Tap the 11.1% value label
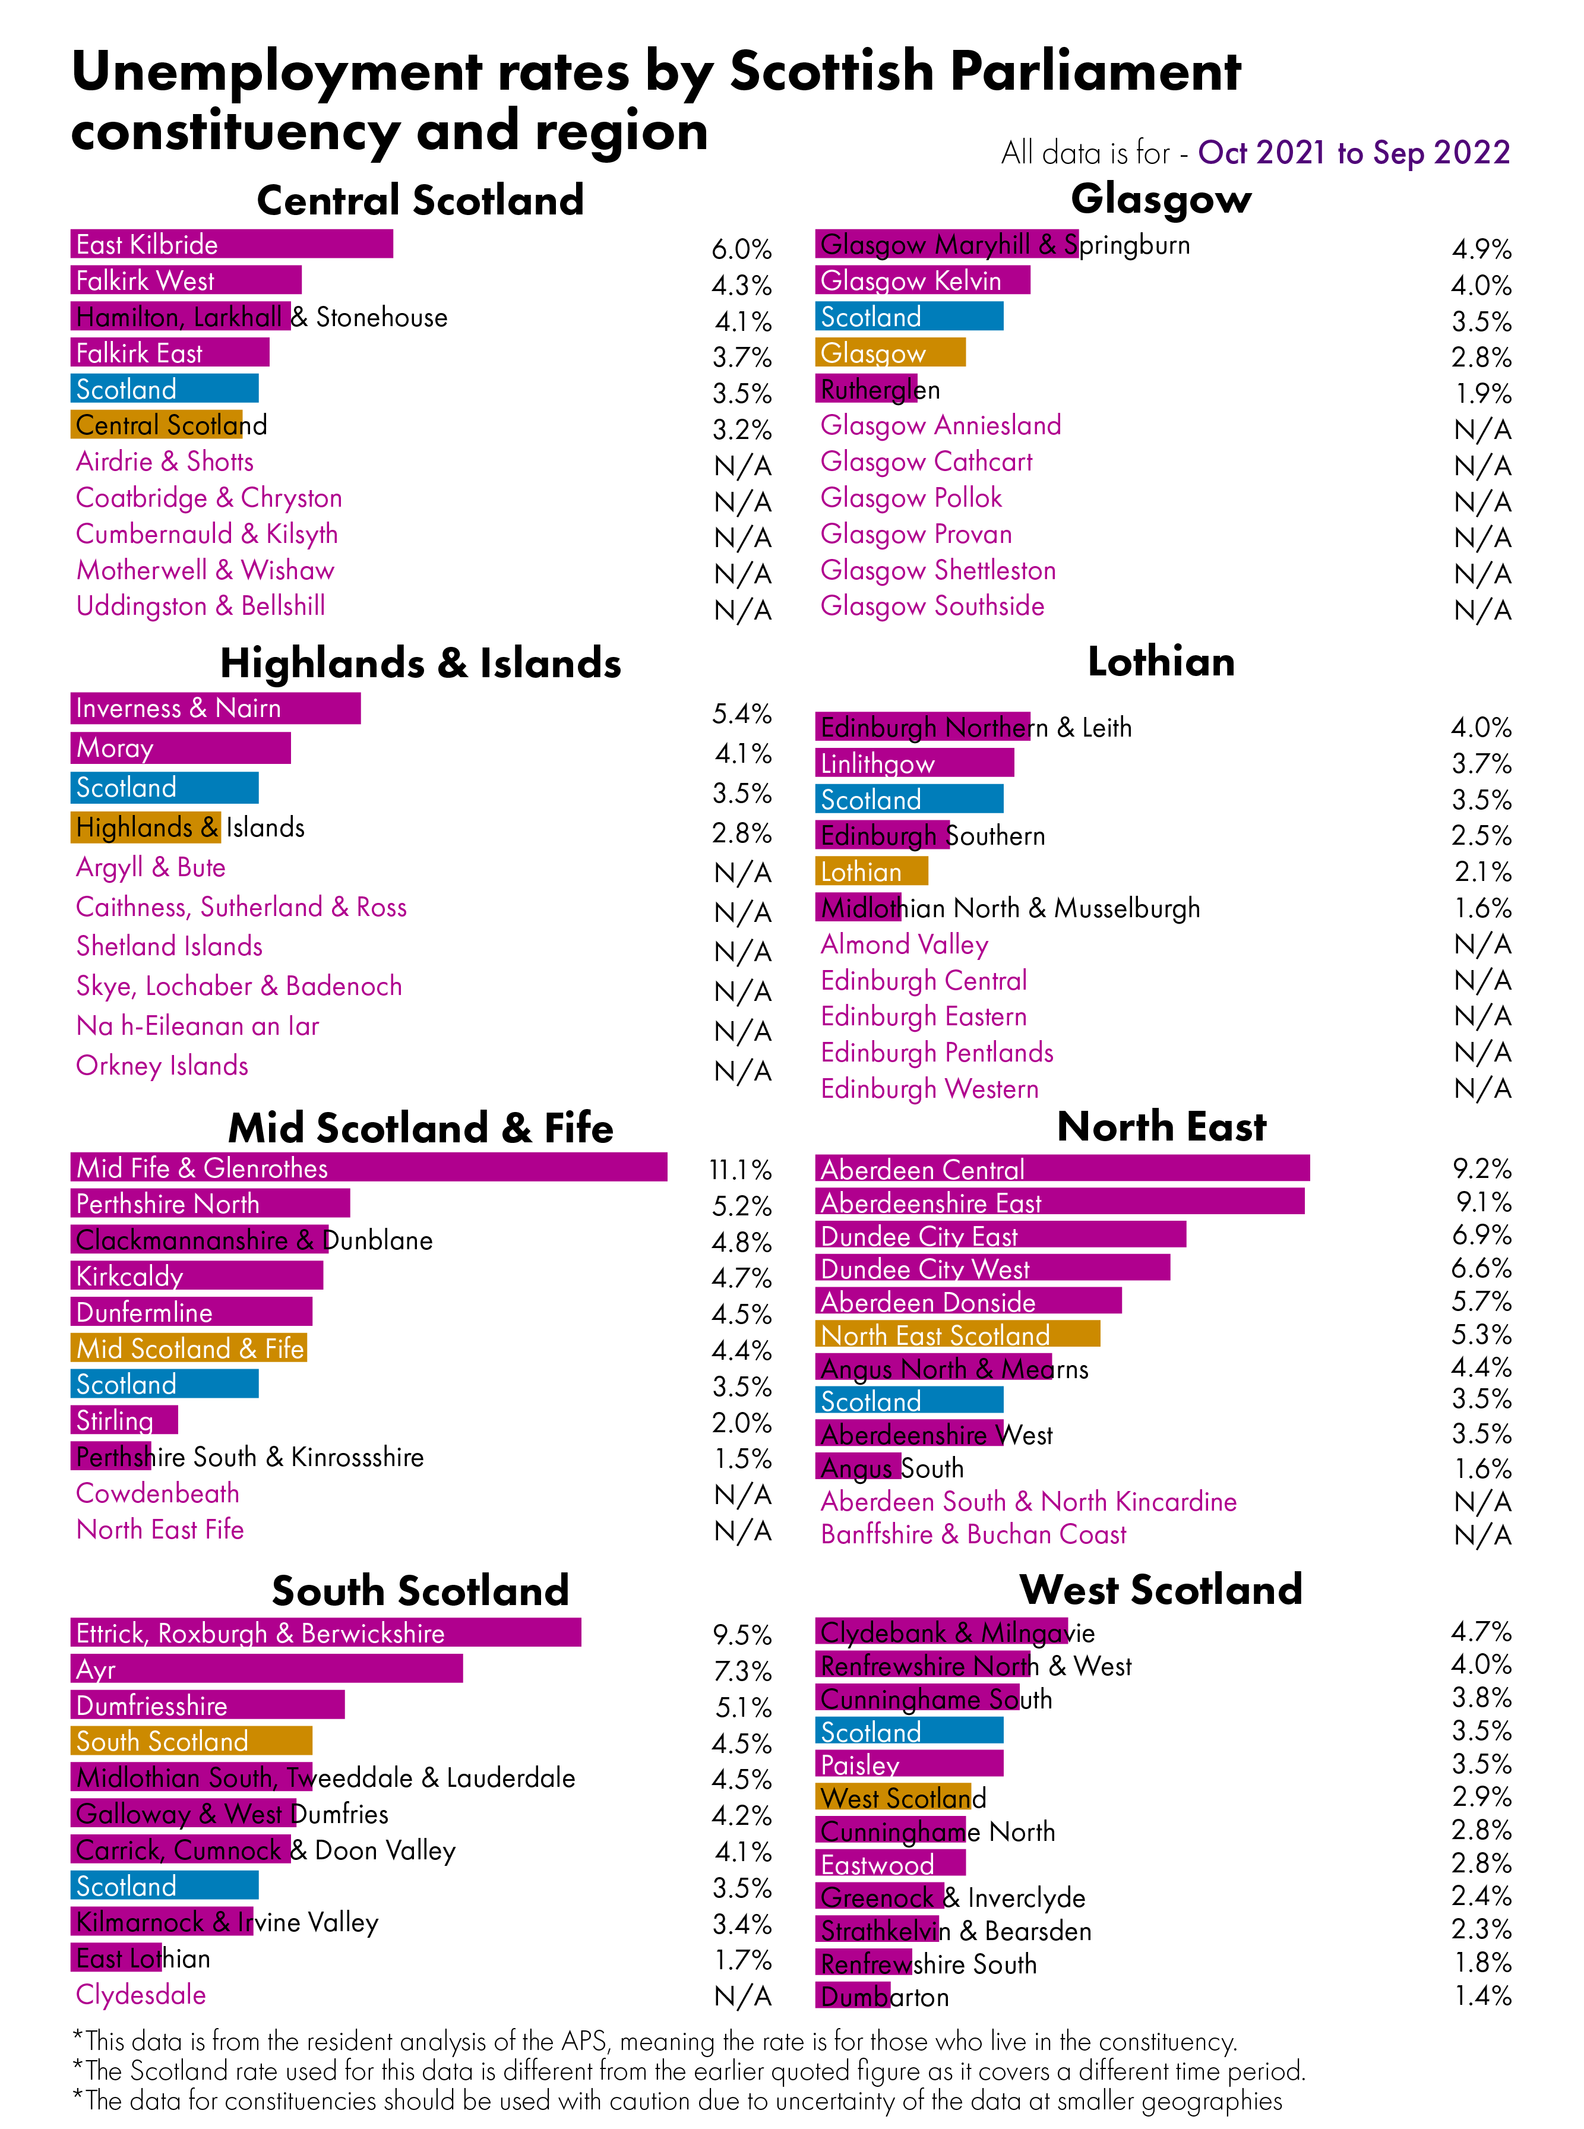coord(740,1170)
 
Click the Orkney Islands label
coord(162,1066)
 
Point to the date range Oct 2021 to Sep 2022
coord(1353,153)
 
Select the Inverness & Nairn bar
coord(215,707)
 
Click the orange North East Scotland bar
coord(957,1334)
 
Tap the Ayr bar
coord(267,1669)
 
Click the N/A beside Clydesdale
coord(742,1997)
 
